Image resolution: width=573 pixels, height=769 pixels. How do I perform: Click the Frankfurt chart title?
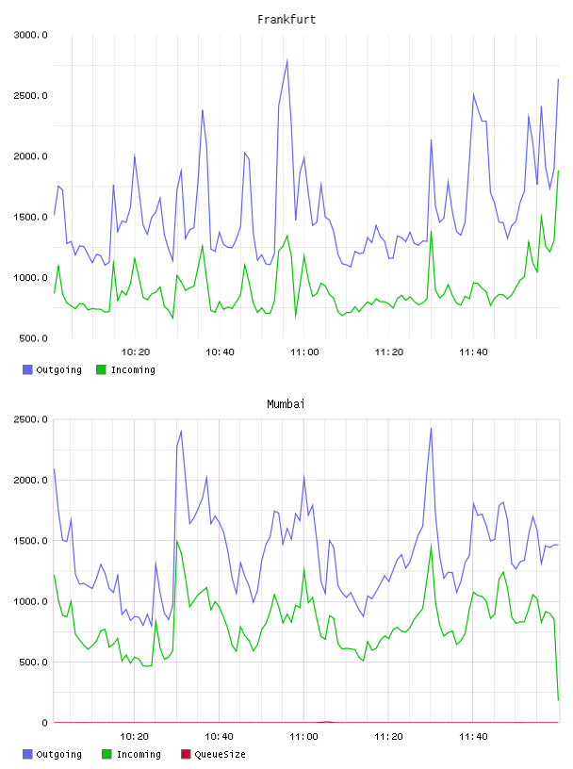click(286, 19)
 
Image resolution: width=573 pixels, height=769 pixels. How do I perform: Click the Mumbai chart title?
click(286, 403)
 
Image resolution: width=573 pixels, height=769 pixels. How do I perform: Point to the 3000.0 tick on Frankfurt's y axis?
click(30, 35)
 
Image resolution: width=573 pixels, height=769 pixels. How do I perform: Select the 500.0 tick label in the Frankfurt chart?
click(33, 338)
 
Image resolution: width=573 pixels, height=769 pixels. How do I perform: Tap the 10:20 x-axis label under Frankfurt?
click(136, 352)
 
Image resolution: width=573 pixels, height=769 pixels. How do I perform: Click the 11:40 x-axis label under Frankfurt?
click(473, 352)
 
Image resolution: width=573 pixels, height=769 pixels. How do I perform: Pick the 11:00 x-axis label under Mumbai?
click(303, 736)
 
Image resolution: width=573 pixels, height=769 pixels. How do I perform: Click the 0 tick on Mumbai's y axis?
click(44, 723)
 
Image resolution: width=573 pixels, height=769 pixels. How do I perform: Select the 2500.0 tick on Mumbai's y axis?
click(30, 419)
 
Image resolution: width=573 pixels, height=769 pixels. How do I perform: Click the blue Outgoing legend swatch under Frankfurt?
click(27, 369)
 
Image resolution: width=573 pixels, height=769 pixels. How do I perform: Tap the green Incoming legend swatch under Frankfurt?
click(101, 369)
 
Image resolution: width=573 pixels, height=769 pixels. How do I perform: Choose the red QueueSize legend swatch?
click(186, 754)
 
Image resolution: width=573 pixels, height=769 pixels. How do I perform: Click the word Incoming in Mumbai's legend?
click(139, 754)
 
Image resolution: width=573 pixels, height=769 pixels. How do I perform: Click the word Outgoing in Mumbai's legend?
click(58, 754)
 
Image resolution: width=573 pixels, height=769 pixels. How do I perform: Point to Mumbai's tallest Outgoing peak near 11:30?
click(431, 428)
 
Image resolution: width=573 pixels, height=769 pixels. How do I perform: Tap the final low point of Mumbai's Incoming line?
click(558, 700)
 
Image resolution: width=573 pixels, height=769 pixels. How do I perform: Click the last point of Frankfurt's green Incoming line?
click(558, 171)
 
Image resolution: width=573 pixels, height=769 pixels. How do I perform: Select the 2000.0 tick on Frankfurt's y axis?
click(30, 156)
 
